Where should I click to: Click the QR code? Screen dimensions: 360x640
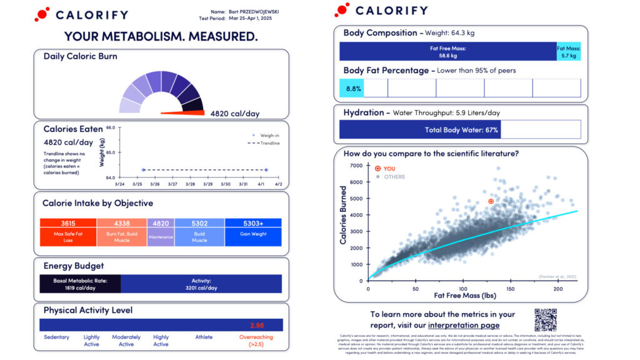point(545,319)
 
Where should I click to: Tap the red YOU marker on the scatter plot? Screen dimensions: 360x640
point(491,201)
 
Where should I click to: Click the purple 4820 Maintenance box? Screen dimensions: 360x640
point(161,232)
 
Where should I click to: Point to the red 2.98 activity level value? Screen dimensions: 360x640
point(257,326)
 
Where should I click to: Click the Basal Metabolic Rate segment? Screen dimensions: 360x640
point(80,284)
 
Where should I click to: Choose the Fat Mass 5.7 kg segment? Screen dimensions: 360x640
point(568,51)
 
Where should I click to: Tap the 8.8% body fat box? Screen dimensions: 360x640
point(352,88)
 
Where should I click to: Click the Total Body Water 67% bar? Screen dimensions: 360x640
point(419,129)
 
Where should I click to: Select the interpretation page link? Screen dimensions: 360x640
point(464,325)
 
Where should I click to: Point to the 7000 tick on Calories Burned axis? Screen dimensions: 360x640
point(356,166)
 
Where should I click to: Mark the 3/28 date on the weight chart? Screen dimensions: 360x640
point(191,184)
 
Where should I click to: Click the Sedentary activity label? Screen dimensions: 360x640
point(56,337)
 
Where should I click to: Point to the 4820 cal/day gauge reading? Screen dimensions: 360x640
point(234,114)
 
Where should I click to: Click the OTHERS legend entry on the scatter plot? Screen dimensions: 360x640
point(394,177)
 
